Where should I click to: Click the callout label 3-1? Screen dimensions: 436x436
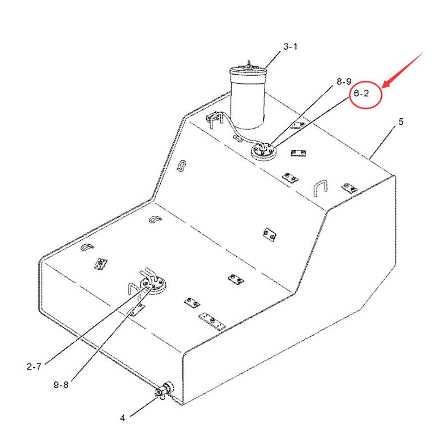click(290, 46)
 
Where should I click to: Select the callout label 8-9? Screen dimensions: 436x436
click(344, 81)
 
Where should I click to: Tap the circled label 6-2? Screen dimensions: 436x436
click(361, 93)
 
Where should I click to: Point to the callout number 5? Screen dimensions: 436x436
click(401, 122)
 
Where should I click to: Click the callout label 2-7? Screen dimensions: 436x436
click(34, 367)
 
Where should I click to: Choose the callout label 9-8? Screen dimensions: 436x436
click(61, 385)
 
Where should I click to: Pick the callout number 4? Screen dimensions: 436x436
click(123, 417)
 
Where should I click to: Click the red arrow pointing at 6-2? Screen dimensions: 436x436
click(403, 70)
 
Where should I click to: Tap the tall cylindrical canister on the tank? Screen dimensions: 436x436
click(248, 98)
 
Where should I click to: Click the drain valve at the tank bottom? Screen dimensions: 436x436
click(164, 390)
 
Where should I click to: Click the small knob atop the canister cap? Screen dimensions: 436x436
click(249, 63)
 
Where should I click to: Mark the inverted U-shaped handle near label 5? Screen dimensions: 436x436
click(320, 189)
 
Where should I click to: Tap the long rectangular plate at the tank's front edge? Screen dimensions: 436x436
click(212, 322)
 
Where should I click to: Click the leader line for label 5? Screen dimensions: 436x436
click(383, 143)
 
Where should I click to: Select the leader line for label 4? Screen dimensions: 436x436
click(143, 407)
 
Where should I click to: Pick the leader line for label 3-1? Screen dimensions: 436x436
click(272, 60)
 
